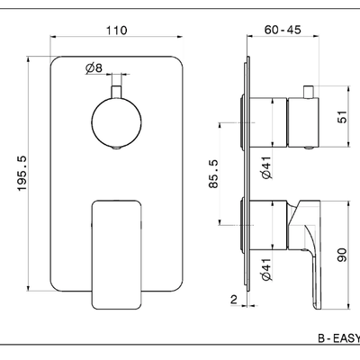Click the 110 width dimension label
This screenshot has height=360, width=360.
[x=116, y=31]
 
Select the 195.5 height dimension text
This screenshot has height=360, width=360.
[x=22, y=173]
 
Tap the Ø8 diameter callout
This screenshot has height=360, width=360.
[x=94, y=68]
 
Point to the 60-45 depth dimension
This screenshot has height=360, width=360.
[x=283, y=30]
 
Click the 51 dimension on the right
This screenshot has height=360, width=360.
[x=342, y=117]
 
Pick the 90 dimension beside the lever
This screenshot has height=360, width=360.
[x=342, y=255]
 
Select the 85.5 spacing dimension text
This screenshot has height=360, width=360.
[x=213, y=174]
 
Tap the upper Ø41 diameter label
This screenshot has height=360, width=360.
[x=266, y=167]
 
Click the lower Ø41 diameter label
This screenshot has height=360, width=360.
[x=266, y=269]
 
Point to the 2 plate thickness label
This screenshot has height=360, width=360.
[x=234, y=299]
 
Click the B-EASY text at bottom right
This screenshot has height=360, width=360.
[x=339, y=338]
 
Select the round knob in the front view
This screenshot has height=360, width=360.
[x=116, y=123]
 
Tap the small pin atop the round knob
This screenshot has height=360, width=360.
[x=116, y=92]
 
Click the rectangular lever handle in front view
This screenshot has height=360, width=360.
[x=116, y=255]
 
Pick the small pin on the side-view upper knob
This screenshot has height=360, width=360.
[x=309, y=92]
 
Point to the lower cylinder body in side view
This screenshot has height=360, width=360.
[x=268, y=225]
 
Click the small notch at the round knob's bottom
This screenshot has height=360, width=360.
[x=116, y=148]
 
